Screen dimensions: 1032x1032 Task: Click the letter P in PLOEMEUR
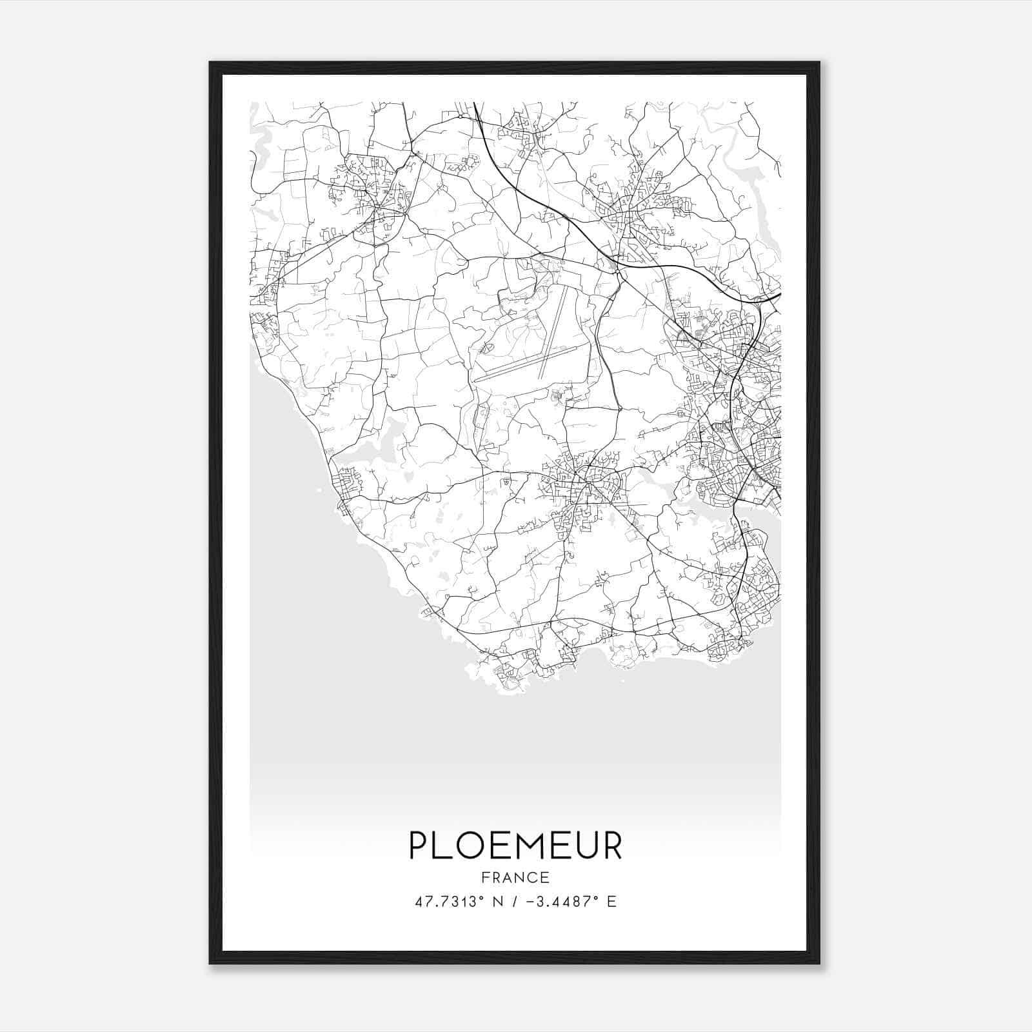click(420, 846)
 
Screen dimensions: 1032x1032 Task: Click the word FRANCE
click(515, 878)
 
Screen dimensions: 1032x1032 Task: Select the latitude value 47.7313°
click(449, 902)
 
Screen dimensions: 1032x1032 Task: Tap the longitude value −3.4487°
click(563, 902)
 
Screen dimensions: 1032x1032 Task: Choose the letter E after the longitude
click(611, 902)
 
